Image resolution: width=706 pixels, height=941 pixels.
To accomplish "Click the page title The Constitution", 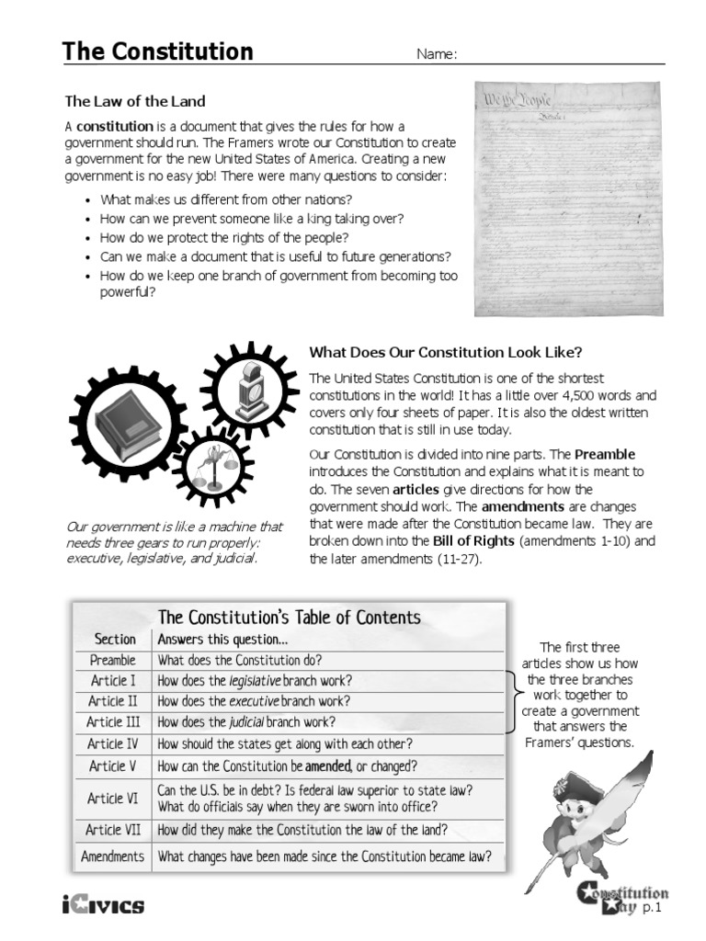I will pyautogui.click(x=157, y=51).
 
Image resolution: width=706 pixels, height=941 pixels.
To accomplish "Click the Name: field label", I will pyautogui.click(x=437, y=54).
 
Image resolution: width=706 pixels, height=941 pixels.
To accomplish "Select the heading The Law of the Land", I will pyautogui.click(x=134, y=101).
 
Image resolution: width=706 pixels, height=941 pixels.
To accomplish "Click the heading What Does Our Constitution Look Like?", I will pyautogui.click(x=446, y=352).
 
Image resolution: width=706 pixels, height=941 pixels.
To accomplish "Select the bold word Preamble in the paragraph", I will pyautogui.click(x=605, y=454).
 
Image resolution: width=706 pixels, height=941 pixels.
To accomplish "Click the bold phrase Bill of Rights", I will pyautogui.click(x=473, y=541).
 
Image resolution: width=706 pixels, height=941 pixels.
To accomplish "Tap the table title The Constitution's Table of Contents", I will pyautogui.click(x=290, y=618).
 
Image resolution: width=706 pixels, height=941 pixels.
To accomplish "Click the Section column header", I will pyautogui.click(x=115, y=639).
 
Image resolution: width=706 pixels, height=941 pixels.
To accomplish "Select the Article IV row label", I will pyautogui.click(x=114, y=743).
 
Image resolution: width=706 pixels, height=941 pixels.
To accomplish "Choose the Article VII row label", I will pyautogui.click(x=114, y=830).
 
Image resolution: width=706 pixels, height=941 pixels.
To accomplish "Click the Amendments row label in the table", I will pyautogui.click(x=113, y=856).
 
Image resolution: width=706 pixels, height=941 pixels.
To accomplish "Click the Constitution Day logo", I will pyautogui.click(x=622, y=899).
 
